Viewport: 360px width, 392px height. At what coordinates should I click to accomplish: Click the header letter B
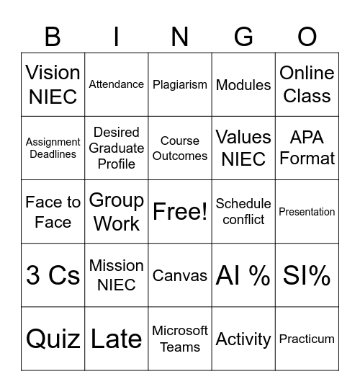click(x=53, y=36)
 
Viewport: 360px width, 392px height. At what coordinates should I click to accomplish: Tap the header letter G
click(x=243, y=36)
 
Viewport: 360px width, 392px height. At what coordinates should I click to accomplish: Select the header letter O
click(x=307, y=36)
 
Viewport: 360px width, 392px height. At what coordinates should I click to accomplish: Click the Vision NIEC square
click(x=53, y=84)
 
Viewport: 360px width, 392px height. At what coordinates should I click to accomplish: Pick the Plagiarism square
click(x=180, y=84)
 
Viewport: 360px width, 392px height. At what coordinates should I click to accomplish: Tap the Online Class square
click(x=307, y=84)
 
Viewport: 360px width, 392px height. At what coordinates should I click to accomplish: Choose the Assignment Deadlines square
click(x=53, y=148)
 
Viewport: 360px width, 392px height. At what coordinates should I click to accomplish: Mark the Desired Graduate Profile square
click(x=117, y=148)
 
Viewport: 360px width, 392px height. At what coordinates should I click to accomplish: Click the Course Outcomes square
click(x=180, y=148)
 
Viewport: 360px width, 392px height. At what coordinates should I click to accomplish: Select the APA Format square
click(x=307, y=148)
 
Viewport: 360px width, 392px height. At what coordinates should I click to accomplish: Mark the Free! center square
click(x=180, y=211)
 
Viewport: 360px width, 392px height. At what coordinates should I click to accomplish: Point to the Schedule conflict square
click(x=243, y=211)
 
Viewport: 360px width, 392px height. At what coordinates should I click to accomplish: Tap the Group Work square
click(x=117, y=211)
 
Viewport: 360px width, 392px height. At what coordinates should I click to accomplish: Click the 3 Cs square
click(x=53, y=275)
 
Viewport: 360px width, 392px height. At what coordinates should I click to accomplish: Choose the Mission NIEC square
click(x=117, y=275)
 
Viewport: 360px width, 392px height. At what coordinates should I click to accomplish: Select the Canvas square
click(x=180, y=275)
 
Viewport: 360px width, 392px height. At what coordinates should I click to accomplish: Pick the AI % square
click(x=243, y=275)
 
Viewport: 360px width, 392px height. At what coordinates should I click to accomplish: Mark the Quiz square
click(x=53, y=339)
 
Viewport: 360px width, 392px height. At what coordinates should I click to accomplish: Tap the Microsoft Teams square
click(x=180, y=339)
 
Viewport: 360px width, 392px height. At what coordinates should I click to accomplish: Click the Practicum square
click(x=307, y=339)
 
